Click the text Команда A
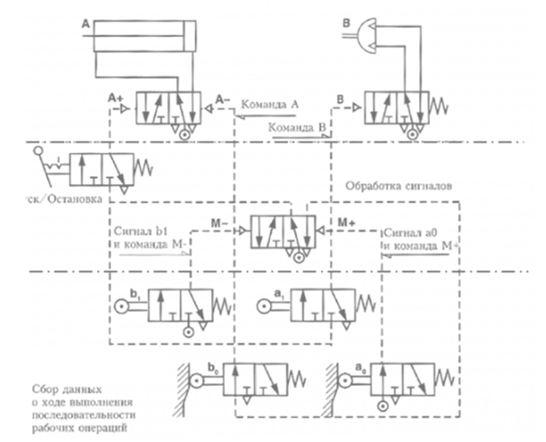pos(271,105)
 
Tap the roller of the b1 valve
pos(121,307)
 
